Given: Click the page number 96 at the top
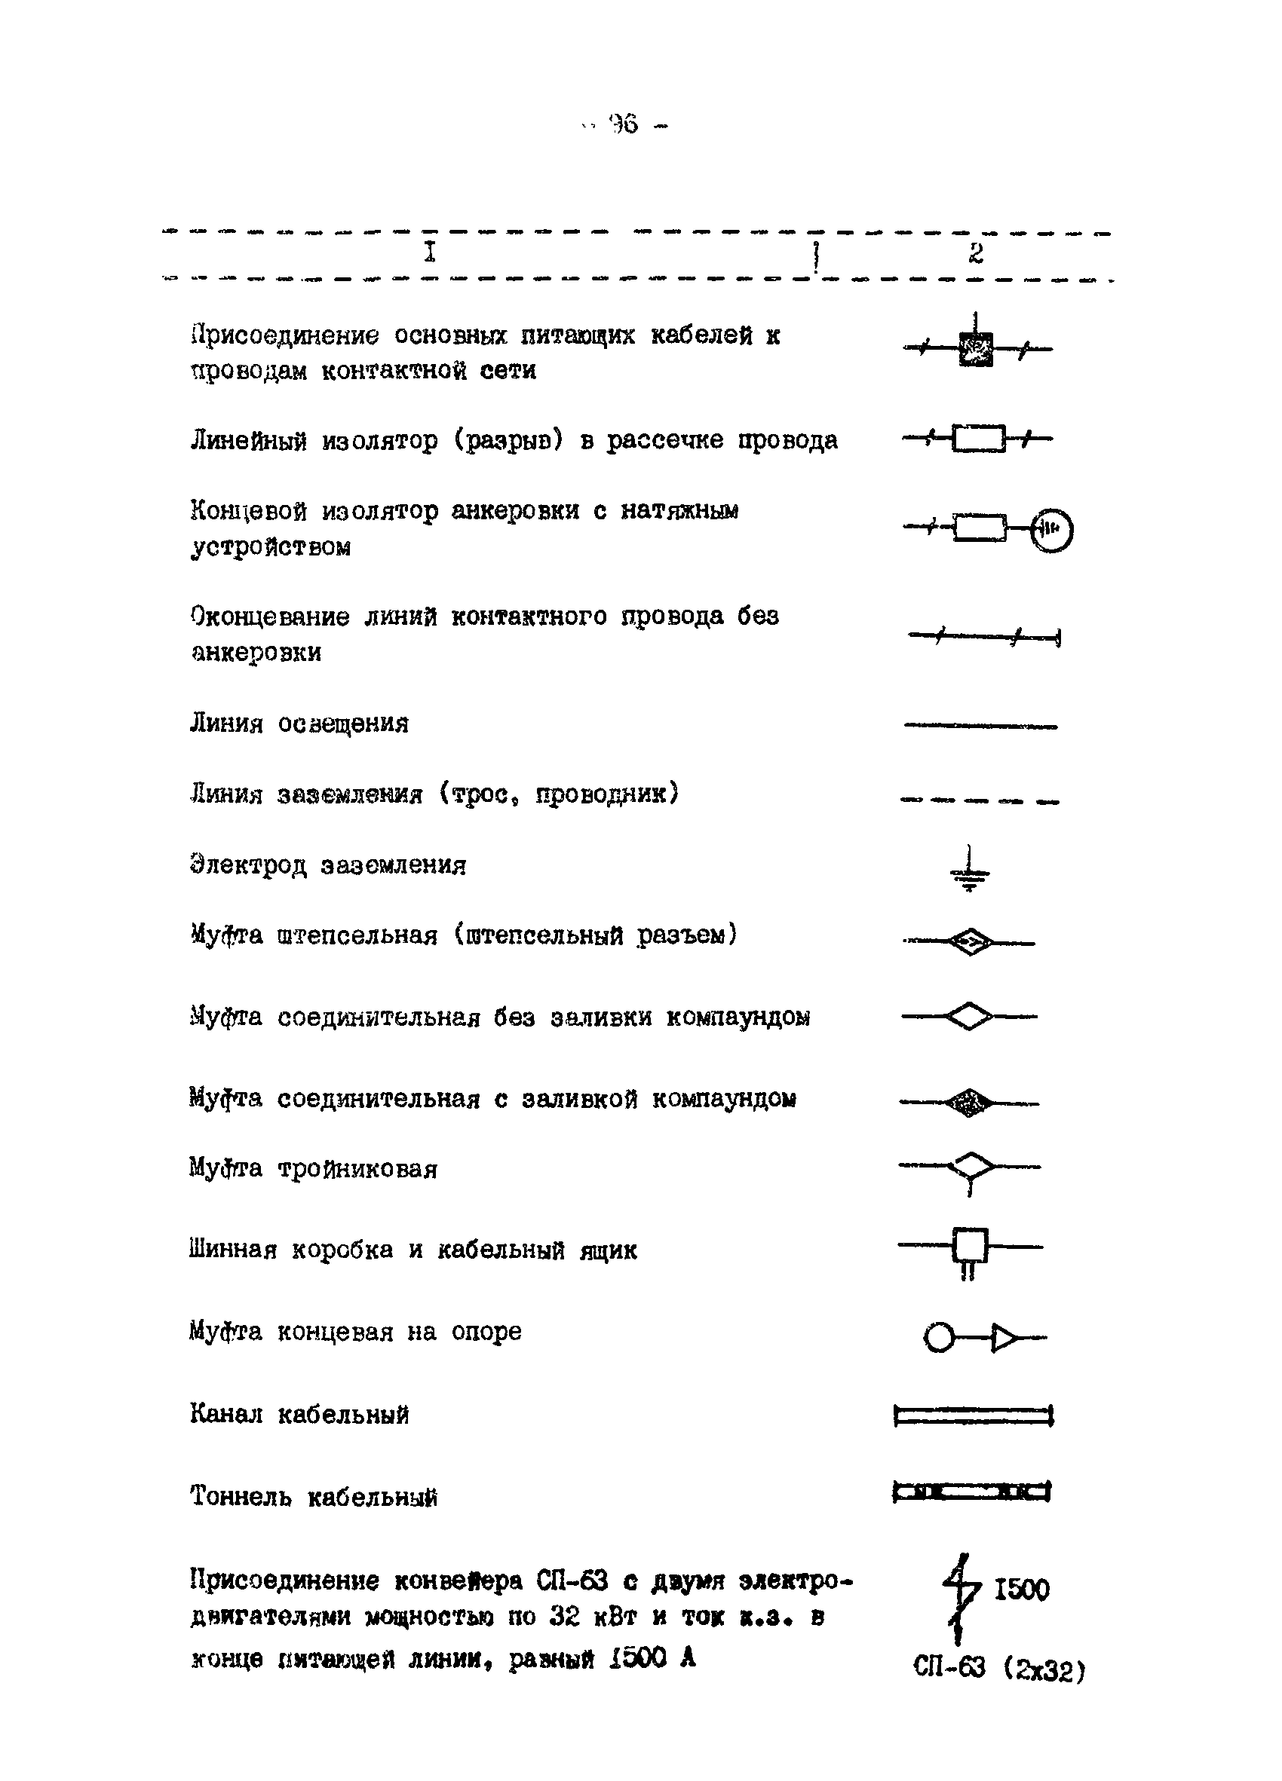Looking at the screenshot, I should click(x=625, y=125).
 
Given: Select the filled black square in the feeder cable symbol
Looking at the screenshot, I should click(x=975, y=349).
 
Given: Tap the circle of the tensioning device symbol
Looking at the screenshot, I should click(x=1051, y=530).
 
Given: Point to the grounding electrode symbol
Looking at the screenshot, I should click(x=970, y=870).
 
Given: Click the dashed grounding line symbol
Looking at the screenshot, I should click(x=980, y=801).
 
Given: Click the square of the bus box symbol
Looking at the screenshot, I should click(x=969, y=1244).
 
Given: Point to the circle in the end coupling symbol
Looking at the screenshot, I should click(x=939, y=1336).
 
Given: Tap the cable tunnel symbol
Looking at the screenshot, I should click(x=972, y=1491).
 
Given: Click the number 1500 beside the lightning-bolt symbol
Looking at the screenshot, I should click(x=1021, y=1590).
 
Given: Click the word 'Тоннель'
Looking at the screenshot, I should click(x=241, y=1496).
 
